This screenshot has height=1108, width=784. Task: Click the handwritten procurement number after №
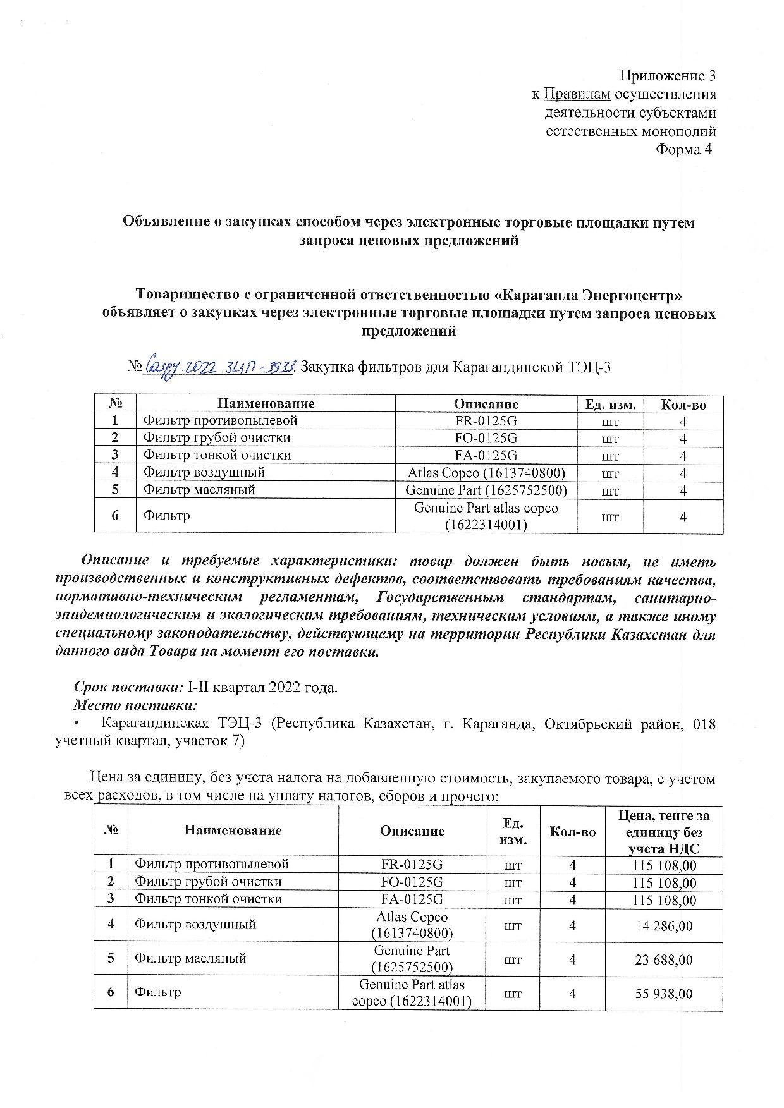(x=219, y=367)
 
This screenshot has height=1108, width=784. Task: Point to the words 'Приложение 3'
(x=668, y=76)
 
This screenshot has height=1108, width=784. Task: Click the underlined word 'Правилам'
(x=577, y=94)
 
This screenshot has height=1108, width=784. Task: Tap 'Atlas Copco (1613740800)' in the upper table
(x=486, y=472)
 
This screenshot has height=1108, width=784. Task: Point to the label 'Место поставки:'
(x=136, y=705)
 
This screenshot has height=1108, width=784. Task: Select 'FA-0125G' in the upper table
(x=486, y=455)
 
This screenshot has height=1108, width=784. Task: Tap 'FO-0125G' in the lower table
(x=412, y=882)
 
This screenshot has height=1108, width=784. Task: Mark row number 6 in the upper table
(x=115, y=516)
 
